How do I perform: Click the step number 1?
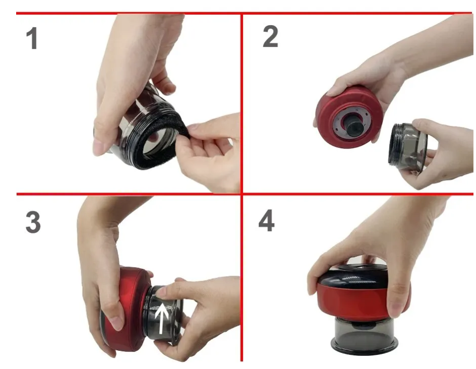click(32, 38)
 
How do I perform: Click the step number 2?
click(270, 36)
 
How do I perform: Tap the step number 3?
click(33, 222)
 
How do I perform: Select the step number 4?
click(267, 221)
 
